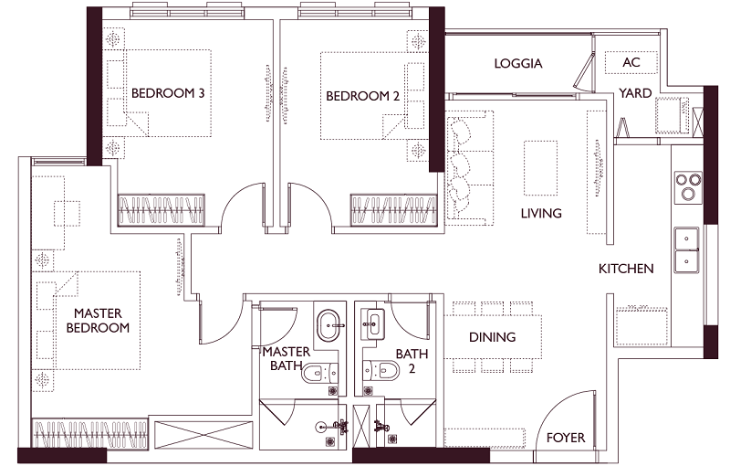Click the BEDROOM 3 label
[168, 93]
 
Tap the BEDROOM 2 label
[362, 96]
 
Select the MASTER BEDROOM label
[98, 320]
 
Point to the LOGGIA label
[518, 63]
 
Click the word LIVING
[541, 214]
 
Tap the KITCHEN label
[626, 269]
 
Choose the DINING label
[492, 337]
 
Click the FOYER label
[566, 438]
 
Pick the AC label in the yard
[631, 62]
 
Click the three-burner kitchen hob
[689, 185]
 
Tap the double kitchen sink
[687, 250]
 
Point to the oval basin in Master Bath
[330, 324]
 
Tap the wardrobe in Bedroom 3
[161, 210]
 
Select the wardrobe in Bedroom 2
[394, 210]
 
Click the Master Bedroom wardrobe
[89, 434]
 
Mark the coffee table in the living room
[540, 168]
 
